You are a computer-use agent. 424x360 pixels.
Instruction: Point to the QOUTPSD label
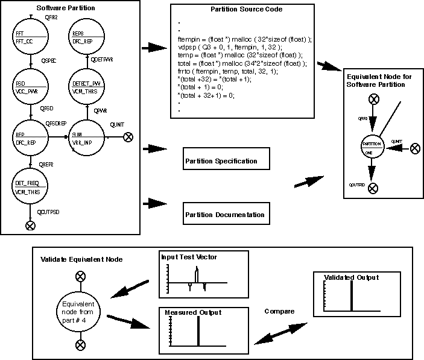click(x=49, y=213)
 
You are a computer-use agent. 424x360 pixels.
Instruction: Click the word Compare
click(x=279, y=311)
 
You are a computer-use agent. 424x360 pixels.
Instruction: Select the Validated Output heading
click(x=351, y=277)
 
